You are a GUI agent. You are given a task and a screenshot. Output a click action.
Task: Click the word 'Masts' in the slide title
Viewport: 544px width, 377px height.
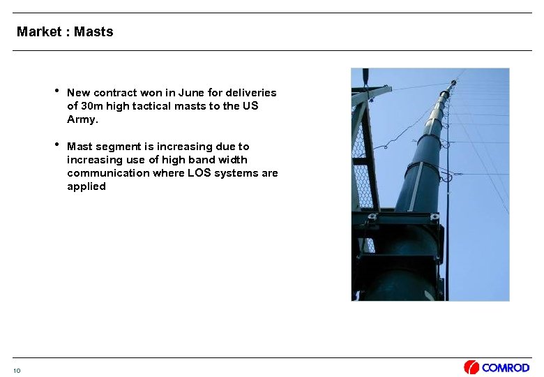coord(93,31)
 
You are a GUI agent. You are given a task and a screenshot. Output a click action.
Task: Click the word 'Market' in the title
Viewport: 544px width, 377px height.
coord(39,31)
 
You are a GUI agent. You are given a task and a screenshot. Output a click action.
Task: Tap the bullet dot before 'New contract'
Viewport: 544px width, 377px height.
coord(56,91)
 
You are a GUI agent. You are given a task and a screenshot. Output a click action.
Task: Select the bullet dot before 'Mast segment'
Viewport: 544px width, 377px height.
coord(56,145)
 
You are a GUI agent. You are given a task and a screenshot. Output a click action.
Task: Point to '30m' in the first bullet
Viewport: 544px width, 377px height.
coord(92,106)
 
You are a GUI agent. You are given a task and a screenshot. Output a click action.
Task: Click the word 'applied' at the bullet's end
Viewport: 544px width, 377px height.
coord(86,186)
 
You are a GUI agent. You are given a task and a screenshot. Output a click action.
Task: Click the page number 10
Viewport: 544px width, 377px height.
coord(17,370)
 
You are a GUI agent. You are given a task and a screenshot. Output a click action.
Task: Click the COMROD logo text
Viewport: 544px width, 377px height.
coord(506,368)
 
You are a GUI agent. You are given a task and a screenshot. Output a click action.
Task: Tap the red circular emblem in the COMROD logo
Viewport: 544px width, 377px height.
coord(471,368)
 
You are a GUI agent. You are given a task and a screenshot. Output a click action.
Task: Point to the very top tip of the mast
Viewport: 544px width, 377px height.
coord(455,80)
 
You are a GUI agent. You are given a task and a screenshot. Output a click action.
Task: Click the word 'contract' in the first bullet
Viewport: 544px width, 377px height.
coord(116,93)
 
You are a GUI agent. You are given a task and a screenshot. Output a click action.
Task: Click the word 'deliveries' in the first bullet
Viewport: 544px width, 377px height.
coord(250,93)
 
